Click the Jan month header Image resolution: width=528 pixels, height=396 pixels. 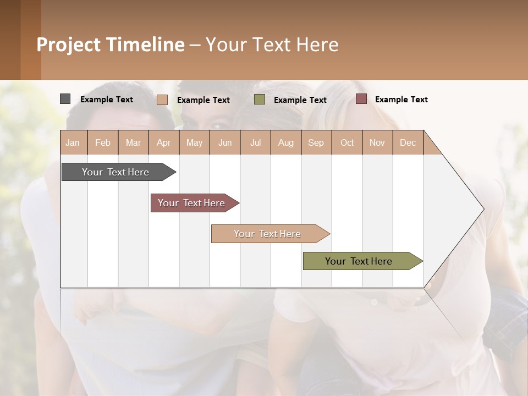coord(73,142)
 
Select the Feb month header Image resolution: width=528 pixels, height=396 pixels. coord(103,142)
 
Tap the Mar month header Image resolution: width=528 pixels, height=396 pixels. coord(133,142)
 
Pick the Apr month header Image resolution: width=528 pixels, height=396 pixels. coord(164,142)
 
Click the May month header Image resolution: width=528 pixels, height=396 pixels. coord(194,142)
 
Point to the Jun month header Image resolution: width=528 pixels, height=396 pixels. coord(225,142)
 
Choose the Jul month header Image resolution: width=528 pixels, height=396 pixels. coord(255,142)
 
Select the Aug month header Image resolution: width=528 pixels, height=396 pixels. coord(286,142)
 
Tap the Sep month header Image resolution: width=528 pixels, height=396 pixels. coord(316,142)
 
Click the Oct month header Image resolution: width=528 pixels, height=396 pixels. coord(347,142)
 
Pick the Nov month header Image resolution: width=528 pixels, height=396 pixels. coord(377,142)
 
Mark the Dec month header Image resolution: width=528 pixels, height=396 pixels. coord(408,142)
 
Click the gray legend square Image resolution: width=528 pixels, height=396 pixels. coord(65,99)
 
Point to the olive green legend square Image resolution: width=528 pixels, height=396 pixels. coord(260,100)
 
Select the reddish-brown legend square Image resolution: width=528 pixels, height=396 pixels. coord(361,99)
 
